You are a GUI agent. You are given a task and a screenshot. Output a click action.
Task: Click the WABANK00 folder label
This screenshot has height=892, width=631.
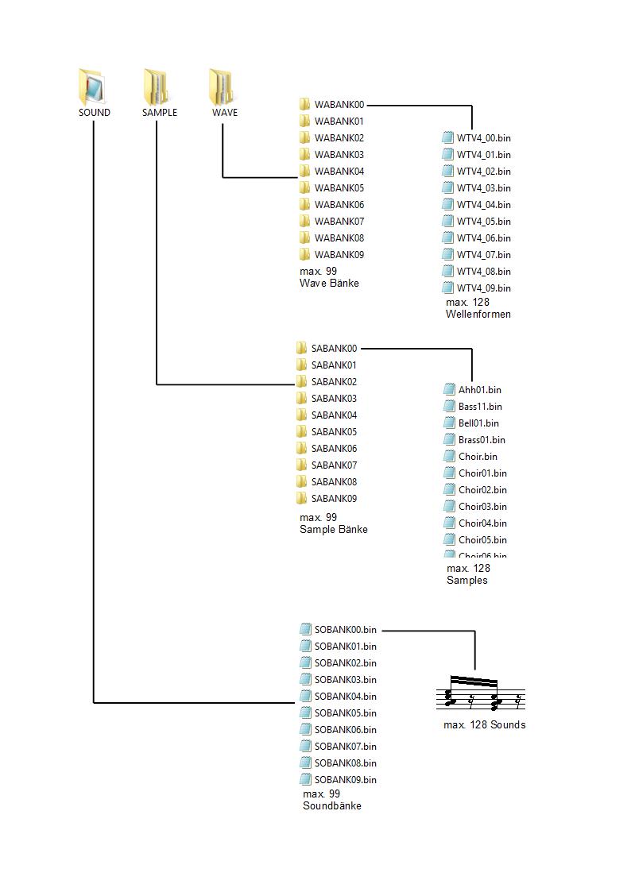[x=339, y=105]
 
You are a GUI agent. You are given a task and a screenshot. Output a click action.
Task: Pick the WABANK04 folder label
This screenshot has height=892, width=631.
[x=339, y=172]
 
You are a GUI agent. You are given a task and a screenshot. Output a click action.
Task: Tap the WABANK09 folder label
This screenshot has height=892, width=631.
[x=339, y=255]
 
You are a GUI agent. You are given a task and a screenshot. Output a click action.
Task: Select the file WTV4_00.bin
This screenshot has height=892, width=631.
[x=483, y=138]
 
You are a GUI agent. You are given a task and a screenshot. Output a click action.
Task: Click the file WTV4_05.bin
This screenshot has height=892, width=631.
[x=483, y=222]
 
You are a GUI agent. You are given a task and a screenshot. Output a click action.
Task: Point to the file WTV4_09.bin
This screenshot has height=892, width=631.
[x=483, y=288]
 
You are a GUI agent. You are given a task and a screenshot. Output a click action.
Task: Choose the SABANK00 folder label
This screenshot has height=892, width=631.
[x=334, y=349]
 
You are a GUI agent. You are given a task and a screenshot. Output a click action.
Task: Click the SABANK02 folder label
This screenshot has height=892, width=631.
[x=334, y=382]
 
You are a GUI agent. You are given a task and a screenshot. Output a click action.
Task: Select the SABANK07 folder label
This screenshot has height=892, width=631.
[x=334, y=465]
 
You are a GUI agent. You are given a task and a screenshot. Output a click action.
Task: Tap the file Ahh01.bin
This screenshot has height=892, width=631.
[x=479, y=390]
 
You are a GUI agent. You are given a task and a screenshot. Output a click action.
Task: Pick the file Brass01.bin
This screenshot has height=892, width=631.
[x=481, y=440]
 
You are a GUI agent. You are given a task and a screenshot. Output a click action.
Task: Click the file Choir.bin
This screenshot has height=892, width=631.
[x=477, y=457]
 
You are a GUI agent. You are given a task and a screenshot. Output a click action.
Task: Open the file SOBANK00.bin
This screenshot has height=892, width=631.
[x=345, y=630]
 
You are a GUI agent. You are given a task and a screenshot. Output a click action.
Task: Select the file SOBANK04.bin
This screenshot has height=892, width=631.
[x=345, y=697]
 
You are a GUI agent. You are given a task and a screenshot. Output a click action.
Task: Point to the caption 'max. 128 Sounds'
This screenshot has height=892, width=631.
[x=484, y=725]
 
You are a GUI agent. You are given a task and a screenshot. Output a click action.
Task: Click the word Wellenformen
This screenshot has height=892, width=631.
[x=478, y=315]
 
